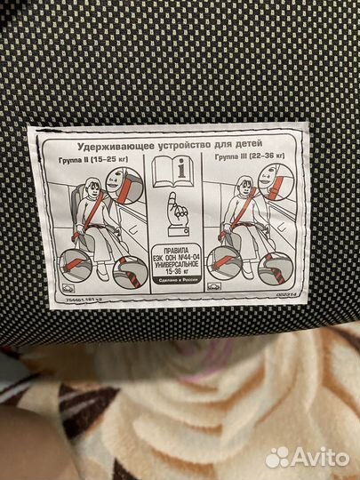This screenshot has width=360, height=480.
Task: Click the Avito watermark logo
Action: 308,457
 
